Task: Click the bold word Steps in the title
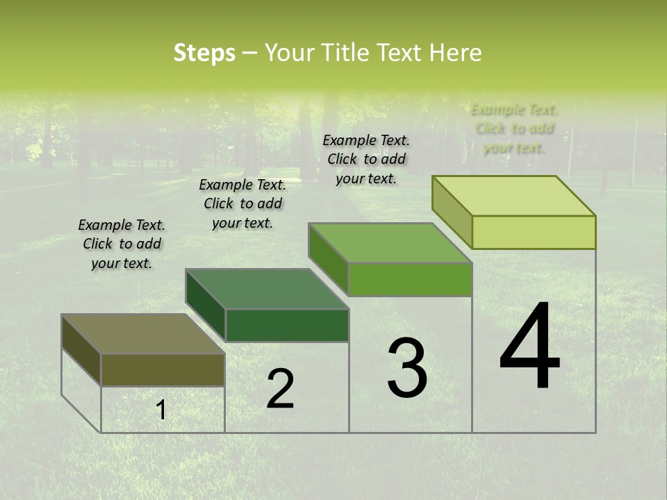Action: click(204, 53)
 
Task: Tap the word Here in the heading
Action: click(455, 53)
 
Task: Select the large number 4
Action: click(529, 347)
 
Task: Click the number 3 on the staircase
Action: click(407, 369)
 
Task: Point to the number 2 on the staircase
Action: click(280, 389)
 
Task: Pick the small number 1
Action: click(161, 410)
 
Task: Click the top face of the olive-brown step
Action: click(142, 334)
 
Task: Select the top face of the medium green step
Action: click(390, 243)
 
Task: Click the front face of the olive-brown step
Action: click(163, 370)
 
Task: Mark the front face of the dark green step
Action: click(287, 325)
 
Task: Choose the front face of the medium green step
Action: click(410, 279)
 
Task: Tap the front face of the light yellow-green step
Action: click(534, 232)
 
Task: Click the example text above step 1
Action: click(122, 244)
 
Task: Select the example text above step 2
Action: click(242, 203)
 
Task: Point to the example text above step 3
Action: click(366, 159)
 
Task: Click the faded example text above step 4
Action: click(514, 128)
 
